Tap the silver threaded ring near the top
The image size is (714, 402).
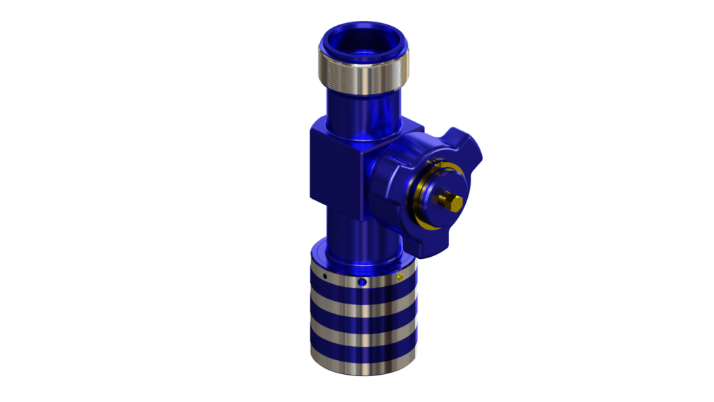pos(363,67)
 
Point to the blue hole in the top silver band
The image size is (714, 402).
pos(362,283)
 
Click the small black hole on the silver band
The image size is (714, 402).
pos(325,276)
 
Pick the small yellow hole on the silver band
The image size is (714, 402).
pos(400,277)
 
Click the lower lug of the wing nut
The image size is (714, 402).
pos(434,241)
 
